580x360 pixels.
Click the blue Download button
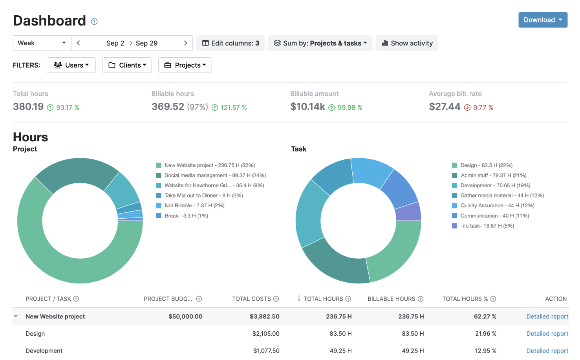click(542, 20)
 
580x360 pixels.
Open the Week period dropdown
click(42, 43)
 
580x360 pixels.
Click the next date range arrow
click(185, 43)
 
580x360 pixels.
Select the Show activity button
click(407, 43)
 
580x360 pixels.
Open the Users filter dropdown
click(71, 65)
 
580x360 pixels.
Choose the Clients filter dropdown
click(127, 65)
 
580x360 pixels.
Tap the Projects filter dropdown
click(185, 65)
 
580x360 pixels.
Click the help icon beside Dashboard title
click(94, 22)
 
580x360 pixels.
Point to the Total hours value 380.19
click(28, 107)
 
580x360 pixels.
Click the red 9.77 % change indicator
click(479, 108)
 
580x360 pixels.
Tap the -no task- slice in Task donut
click(408, 212)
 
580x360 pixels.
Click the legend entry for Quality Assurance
click(497, 206)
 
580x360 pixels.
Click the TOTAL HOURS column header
click(323, 299)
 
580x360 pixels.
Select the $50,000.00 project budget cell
click(185, 316)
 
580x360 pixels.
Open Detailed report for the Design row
click(547, 334)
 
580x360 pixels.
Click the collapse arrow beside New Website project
click(16, 316)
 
